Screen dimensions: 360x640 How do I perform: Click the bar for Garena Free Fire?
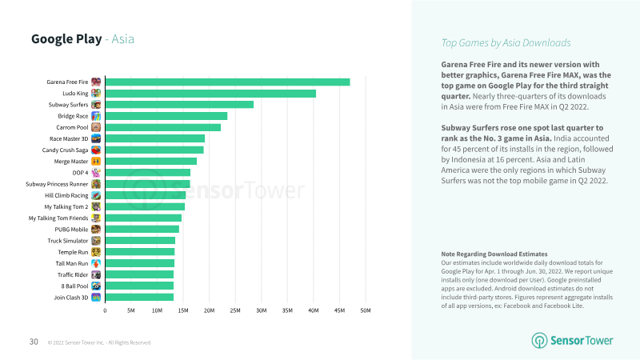(227, 82)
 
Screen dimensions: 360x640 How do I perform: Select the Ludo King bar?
(210, 94)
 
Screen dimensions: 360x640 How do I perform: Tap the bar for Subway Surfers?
(179, 105)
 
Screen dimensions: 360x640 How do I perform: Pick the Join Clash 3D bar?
(139, 298)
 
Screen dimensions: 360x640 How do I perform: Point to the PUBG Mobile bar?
(142, 229)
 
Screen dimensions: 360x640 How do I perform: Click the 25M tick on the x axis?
(235, 310)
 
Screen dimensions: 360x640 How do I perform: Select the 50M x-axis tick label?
(365, 310)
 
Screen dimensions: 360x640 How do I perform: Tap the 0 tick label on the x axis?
(105, 310)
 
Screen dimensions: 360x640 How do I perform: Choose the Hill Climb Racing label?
(66, 195)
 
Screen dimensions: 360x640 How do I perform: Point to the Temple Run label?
(72, 252)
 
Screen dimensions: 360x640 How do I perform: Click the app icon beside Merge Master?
(96, 162)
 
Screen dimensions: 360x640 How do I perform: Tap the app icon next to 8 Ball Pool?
(96, 286)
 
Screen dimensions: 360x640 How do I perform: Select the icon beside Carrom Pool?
(96, 127)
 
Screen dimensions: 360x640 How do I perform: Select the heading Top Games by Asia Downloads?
(506, 43)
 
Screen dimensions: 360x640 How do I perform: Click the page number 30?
(34, 342)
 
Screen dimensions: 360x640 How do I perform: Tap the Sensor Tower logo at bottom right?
(573, 340)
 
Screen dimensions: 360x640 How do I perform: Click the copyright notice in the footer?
(98, 342)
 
